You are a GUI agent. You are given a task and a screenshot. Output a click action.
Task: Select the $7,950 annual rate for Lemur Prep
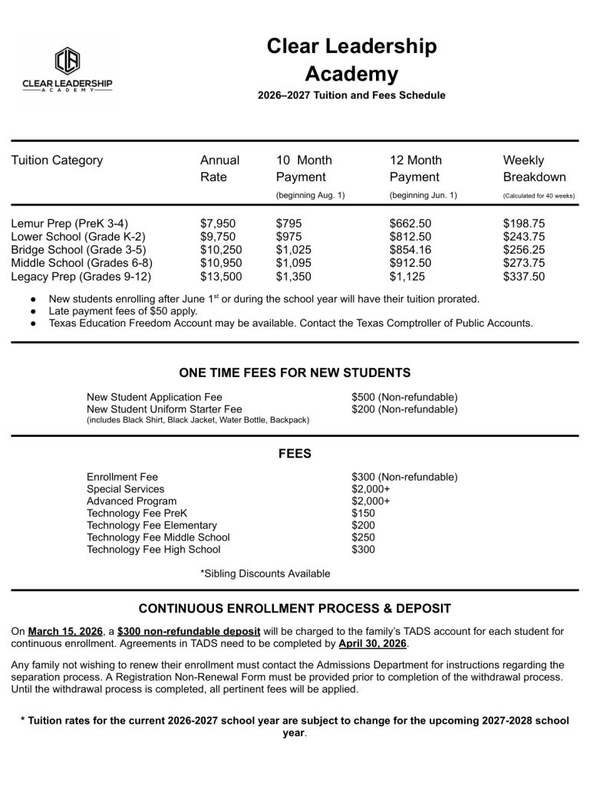(x=218, y=223)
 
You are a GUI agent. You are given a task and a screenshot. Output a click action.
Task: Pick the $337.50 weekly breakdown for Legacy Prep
(x=524, y=277)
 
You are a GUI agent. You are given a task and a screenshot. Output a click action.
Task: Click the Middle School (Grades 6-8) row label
(x=81, y=263)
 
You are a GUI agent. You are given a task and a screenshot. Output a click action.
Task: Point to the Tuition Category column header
(x=57, y=160)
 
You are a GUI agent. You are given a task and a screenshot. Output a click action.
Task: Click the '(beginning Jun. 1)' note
(x=423, y=195)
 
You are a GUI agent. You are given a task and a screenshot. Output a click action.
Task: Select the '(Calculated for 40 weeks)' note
(x=539, y=196)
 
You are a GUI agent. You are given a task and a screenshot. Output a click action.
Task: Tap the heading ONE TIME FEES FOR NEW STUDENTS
(x=295, y=373)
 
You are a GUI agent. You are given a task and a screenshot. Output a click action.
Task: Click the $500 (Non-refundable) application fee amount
(x=404, y=397)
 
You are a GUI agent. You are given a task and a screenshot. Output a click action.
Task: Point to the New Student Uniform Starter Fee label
(x=164, y=409)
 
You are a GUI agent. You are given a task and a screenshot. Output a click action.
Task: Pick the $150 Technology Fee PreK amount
(x=364, y=514)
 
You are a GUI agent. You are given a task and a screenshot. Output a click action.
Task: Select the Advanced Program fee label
(x=131, y=501)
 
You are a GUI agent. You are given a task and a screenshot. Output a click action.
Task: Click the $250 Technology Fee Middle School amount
(x=364, y=537)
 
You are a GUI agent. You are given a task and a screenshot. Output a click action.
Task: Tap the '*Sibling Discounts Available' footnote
(x=265, y=573)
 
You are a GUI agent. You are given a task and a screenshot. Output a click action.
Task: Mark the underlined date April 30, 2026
(x=372, y=644)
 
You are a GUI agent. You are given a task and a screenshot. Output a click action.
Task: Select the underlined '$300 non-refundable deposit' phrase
(x=189, y=632)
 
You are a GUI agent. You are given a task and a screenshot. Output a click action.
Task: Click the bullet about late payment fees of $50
(x=123, y=311)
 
